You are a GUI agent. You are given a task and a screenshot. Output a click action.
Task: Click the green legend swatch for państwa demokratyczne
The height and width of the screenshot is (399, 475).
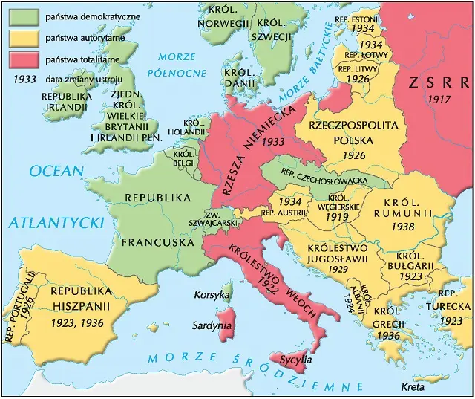(x=26, y=16)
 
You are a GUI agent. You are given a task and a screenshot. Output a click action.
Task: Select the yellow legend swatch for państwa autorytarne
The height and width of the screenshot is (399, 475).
(x=26, y=36)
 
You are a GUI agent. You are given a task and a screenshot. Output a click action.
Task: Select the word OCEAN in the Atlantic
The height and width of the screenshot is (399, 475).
(x=56, y=171)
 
